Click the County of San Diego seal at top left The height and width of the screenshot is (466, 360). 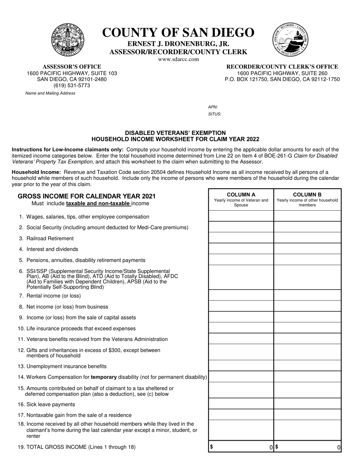pos(68,39)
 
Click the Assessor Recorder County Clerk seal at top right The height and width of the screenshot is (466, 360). pos(290,39)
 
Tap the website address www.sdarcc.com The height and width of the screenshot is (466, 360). pos(178,59)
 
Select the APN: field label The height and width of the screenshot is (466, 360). pos(213,107)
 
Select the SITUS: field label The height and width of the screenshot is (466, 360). pos(214,114)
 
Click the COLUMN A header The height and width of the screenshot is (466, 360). pos(241,195)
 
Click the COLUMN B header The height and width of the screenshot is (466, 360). pos(307,195)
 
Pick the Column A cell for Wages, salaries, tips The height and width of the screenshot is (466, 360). pos(241,216)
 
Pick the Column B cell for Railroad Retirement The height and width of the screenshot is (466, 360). pos(307,238)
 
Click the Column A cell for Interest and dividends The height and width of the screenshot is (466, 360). pos(241,249)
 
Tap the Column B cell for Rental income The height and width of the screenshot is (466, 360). pos(307,296)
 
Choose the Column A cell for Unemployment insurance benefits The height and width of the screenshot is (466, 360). pos(241,366)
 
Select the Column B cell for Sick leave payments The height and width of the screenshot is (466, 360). pos(307,404)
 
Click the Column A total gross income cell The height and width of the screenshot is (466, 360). pos(241,447)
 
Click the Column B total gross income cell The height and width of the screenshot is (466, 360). pos(307,447)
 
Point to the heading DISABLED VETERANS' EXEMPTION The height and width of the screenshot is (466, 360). pos(175,133)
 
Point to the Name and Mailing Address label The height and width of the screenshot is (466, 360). pos(50,93)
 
